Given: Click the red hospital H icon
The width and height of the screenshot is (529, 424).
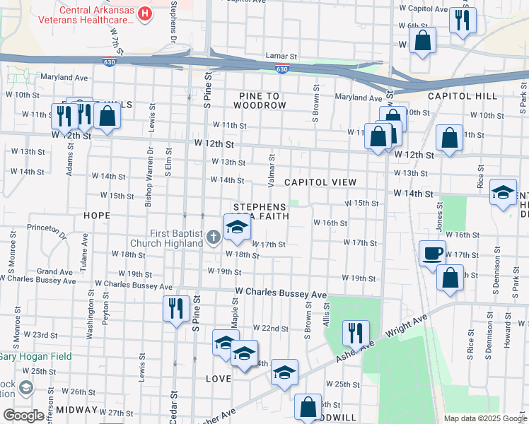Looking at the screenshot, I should (x=145, y=13).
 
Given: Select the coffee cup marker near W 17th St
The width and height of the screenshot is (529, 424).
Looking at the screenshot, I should (x=432, y=253).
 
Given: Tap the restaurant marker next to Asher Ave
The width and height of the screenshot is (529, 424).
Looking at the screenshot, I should (x=356, y=333).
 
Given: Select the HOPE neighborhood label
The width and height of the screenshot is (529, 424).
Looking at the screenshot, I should (x=97, y=215).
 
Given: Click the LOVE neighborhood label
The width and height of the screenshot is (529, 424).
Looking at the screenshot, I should (x=219, y=379).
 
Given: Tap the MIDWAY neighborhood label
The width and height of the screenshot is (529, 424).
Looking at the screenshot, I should (x=76, y=410).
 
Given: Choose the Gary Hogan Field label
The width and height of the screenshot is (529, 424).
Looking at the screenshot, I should (x=35, y=356).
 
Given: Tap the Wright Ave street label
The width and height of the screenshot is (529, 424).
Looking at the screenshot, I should (x=407, y=327).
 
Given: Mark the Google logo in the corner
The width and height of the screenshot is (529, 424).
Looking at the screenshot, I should (x=23, y=416).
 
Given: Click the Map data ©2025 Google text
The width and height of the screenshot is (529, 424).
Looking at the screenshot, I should (x=485, y=418).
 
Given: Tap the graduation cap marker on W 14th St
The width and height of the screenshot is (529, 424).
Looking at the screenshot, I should (x=503, y=194).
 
